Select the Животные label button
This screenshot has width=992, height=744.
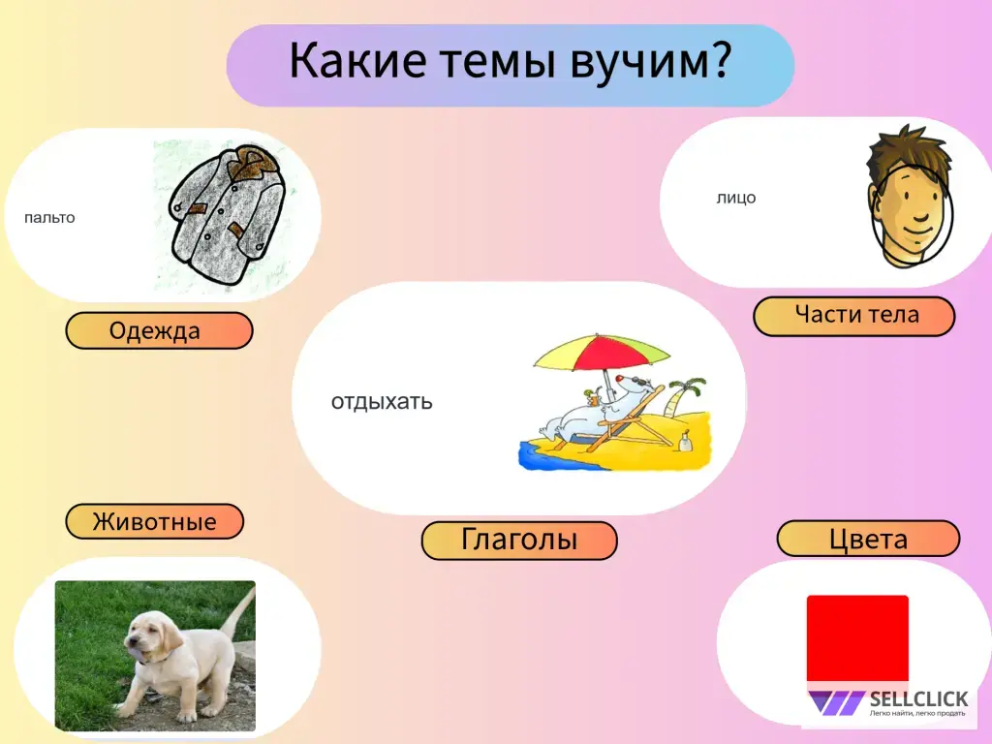[x=154, y=522]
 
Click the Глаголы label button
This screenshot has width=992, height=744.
[x=518, y=540]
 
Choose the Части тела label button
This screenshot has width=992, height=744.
[x=854, y=316]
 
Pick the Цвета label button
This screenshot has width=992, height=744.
[x=868, y=539]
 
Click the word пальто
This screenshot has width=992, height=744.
[x=49, y=217]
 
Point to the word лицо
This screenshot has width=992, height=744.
[x=736, y=198]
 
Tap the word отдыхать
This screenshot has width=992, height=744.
[x=382, y=401]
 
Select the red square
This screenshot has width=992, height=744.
[x=857, y=637]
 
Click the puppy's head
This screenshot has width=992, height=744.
[x=154, y=640]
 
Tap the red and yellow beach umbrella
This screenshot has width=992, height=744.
[x=602, y=355]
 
